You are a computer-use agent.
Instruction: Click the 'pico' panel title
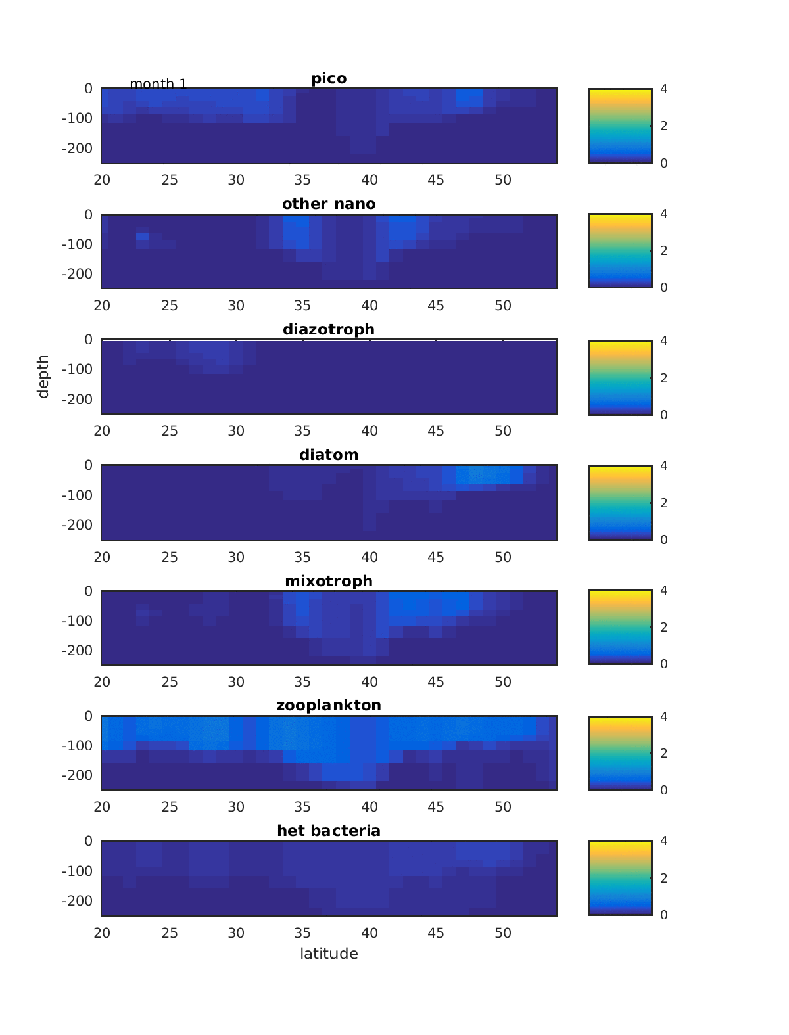(329, 79)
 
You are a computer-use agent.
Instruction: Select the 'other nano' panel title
(329, 204)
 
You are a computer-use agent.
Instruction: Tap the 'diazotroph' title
(329, 329)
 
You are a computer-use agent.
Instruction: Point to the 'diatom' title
(329, 455)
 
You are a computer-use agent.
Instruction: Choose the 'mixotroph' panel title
(329, 581)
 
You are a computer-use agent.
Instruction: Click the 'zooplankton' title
(329, 706)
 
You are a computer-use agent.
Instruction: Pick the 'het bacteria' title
(329, 831)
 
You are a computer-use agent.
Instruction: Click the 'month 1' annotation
(158, 84)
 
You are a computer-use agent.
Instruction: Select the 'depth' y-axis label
(43, 377)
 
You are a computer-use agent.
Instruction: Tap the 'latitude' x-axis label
(329, 954)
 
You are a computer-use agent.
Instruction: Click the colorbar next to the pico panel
(620, 126)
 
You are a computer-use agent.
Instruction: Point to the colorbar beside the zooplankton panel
(620, 753)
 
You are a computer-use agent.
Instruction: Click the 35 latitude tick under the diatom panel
(302, 557)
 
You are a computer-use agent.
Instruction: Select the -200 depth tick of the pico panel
(77, 149)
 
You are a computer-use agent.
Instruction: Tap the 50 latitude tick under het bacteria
(503, 933)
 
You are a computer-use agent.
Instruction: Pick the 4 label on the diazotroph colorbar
(664, 340)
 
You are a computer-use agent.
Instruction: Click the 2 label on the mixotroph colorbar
(664, 627)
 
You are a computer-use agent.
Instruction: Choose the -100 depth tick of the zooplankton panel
(77, 746)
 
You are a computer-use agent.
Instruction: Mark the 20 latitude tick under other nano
(102, 306)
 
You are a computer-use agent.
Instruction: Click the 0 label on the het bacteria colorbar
(664, 915)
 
